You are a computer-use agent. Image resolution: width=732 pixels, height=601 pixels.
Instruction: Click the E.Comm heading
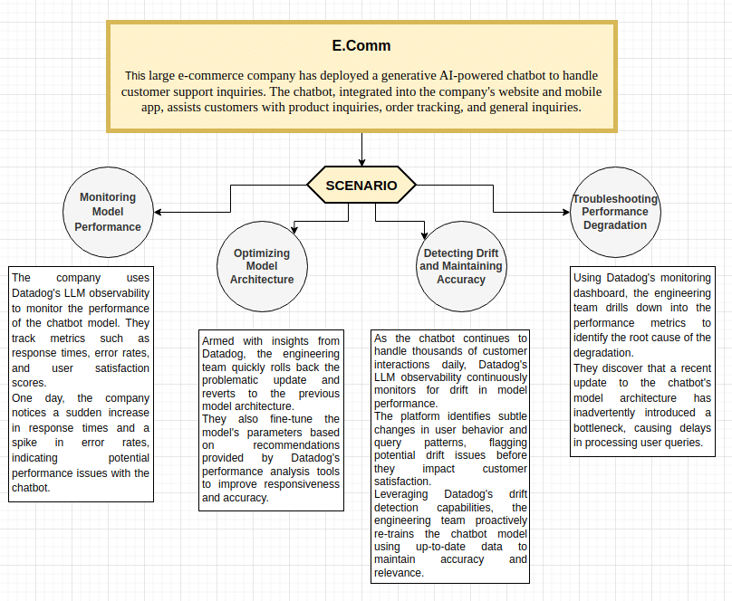tap(361, 45)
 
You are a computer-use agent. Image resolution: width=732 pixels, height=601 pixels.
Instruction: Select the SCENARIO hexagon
tap(361, 186)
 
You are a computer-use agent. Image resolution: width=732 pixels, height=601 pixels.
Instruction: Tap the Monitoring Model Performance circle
tap(108, 212)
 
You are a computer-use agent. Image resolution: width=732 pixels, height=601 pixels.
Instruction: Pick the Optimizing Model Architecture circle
tap(262, 266)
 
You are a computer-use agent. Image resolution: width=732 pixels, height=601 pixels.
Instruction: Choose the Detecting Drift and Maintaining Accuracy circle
tap(461, 266)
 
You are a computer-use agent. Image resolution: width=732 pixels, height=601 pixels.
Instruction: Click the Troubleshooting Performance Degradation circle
tap(615, 212)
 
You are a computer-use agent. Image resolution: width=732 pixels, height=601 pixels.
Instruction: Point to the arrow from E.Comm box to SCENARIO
tap(361, 149)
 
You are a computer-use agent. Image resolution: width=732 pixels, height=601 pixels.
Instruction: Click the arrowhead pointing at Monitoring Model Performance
tap(159, 213)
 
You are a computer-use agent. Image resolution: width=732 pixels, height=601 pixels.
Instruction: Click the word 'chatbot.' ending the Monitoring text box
tap(31, 487)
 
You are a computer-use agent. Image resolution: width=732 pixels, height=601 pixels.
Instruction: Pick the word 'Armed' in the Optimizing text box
tap(218, 341)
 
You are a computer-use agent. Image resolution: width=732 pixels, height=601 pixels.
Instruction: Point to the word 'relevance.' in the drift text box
tap(399, 573)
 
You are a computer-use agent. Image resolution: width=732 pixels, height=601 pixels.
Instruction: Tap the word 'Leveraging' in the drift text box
tap(405, 495)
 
